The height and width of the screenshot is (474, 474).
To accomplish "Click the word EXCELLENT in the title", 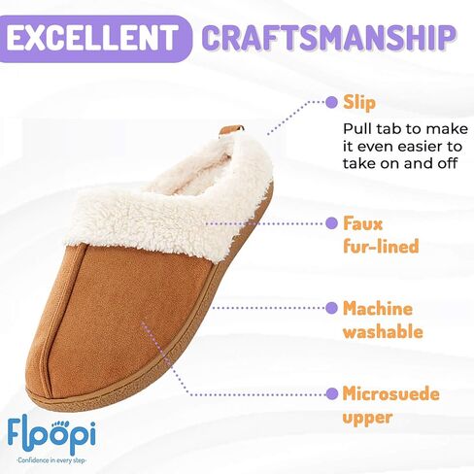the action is (x=92, y=38).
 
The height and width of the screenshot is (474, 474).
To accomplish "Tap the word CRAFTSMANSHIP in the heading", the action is (x=329, y=38).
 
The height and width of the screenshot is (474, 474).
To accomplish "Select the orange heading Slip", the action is (x=359, y=103).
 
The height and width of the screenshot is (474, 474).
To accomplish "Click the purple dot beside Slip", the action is (x=331, y=102).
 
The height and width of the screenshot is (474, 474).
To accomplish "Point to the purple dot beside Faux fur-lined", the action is (x=331, y=223).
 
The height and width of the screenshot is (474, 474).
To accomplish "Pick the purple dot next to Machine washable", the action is (x=331, y=308).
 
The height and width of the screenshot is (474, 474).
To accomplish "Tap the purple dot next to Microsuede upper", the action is (x=331, y=394).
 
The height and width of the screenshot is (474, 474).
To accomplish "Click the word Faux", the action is (x=362, y=223).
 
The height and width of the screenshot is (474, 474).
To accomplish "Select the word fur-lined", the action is (x=381, y=246).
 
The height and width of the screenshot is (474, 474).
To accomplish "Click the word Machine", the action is (x=378, y=308).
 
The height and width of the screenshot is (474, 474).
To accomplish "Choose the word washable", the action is (x=383, y=331).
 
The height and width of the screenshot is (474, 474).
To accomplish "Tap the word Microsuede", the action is (x=391, y=393).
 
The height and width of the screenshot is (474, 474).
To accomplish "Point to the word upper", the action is (x=368, y=418).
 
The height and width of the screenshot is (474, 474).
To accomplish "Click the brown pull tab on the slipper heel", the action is (x=231, y=130).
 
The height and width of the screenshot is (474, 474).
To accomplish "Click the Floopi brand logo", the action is (x=51, y=435).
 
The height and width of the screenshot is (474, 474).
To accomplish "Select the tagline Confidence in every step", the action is (x=51, y=460).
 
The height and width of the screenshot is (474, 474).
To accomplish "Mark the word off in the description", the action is (x=448, y=163).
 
